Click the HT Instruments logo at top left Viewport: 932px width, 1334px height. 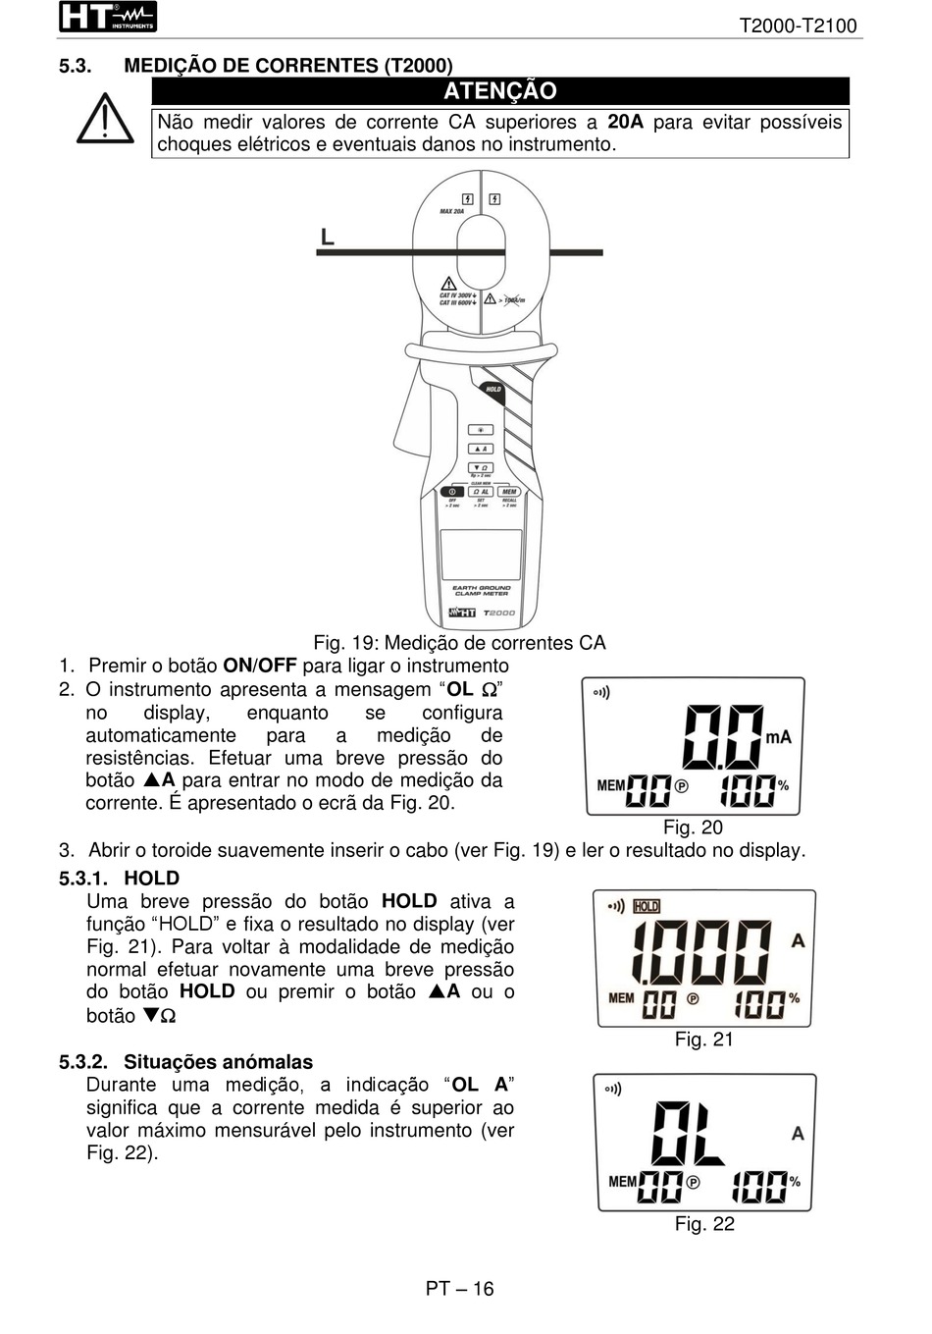(107, 18)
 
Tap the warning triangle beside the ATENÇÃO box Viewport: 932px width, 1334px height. (105, 120)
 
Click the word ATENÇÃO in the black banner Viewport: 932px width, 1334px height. (499, 91)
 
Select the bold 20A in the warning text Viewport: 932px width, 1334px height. (625, 123)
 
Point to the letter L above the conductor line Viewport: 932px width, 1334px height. (328, 238)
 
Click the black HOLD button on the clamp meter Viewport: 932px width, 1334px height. (493, 390)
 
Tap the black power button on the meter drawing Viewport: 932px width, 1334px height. (452, 492)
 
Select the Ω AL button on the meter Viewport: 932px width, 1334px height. (481, 492)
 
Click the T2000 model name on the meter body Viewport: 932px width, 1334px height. (499, 613)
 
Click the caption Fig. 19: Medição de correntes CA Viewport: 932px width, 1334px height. (459, 643)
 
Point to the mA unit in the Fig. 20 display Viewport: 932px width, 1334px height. (778, 737)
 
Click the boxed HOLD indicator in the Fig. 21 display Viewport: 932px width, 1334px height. (647, 906)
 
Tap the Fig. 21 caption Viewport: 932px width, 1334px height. (703, 1040)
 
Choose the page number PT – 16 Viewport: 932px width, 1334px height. (459, 1289)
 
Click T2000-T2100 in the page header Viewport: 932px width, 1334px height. (798, 27)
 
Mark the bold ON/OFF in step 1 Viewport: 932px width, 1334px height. (260, 667)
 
